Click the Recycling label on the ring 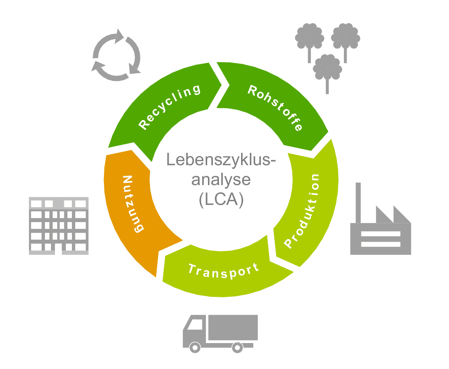tap(169, 107)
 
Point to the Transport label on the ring tap(224, 270)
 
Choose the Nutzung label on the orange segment tap(132, 204)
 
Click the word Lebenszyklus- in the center tap(221, 160)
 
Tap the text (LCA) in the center tap(221, 200)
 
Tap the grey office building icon tap(59, 226)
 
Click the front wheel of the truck tap(195, 348)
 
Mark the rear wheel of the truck tap(237, 348)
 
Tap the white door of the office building tap(58, 249)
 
